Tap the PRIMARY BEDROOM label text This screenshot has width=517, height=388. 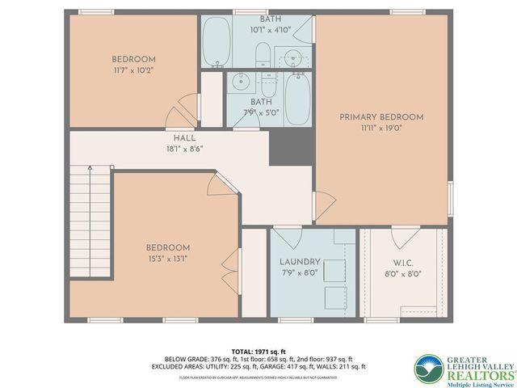tap(380, 117)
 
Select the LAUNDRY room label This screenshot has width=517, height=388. tap(300, 262)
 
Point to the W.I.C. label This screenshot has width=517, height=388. tap(404, 262)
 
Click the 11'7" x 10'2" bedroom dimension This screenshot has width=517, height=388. tap(133, 70)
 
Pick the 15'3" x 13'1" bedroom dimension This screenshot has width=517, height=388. tap(167, 259)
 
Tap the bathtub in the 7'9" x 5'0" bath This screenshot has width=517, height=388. tap(294, 99)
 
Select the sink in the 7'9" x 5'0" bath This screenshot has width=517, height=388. tap(239, 81)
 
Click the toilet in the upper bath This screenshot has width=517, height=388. tap(263, 55)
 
